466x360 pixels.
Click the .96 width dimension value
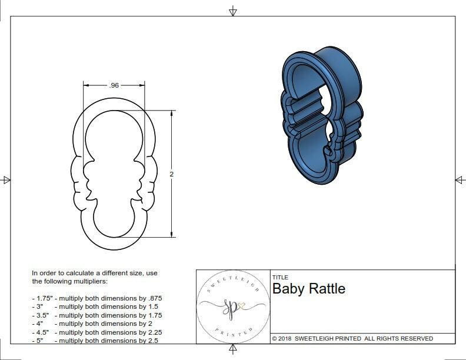(114, 85)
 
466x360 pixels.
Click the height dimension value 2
(172, 175)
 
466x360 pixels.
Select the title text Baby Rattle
(308, 289)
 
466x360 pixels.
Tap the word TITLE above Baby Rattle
(280, 278)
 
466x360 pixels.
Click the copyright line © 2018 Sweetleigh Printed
(352, 338)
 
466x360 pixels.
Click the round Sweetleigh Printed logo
(232, 306)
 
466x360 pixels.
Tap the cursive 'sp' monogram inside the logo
(231, 307)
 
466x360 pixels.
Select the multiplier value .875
(154, 298)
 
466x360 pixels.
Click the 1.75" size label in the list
(43, 298)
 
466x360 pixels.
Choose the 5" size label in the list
(39, 341)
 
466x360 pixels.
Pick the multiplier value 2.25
(152, 332)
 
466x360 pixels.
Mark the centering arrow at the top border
(233, 11)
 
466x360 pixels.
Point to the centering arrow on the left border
(6, 180)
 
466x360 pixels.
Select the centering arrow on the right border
(460, 180)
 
